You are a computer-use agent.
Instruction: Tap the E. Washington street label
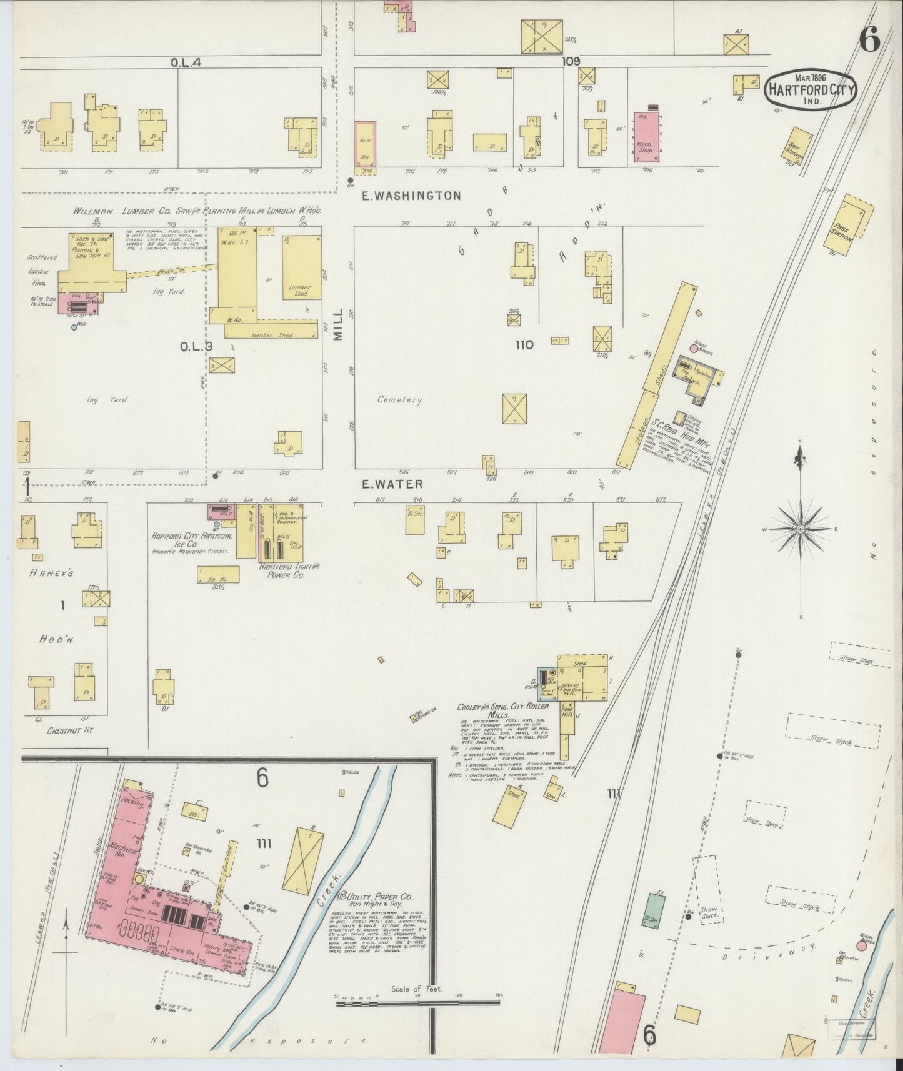click(x=412, y=196)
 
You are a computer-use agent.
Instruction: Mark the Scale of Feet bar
click(x=417, y=1000)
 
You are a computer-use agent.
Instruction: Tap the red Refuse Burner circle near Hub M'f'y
click(x=693, y=347)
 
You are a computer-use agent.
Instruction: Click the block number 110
click(x=524, y=344)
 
